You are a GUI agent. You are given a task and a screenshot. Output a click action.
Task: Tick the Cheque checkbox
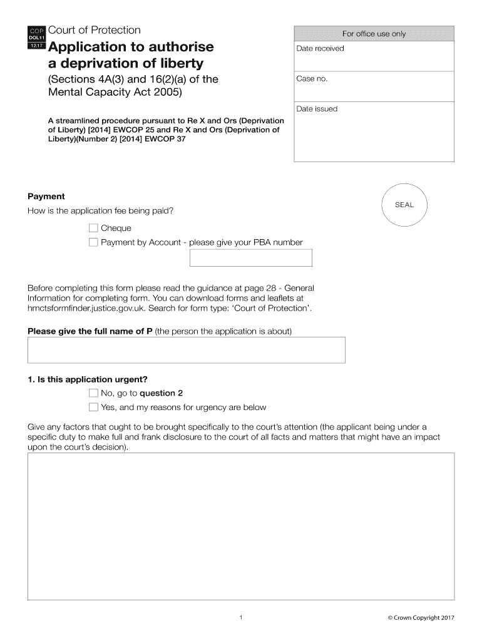point(93,228)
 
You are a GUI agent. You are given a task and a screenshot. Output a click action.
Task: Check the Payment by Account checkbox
point(93,242)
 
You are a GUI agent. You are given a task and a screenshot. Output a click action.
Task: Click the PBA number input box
point(250,258)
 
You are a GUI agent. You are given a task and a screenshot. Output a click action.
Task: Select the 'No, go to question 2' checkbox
point(93,393)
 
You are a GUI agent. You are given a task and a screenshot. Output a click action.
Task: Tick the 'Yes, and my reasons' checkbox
point(93,408)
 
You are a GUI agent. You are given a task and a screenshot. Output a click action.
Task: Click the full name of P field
point(186,350)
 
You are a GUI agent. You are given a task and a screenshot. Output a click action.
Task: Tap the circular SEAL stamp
point(404,205)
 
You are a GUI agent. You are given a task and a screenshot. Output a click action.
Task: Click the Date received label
point(320,49)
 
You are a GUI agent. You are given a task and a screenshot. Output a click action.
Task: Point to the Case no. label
point(312,79)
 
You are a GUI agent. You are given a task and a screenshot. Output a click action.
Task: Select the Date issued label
point(317,109)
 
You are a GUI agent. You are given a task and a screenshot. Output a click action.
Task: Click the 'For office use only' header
point(373,34)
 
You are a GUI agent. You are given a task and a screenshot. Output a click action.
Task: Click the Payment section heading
point(46,197)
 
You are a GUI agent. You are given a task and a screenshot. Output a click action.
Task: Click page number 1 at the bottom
point(240,618)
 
